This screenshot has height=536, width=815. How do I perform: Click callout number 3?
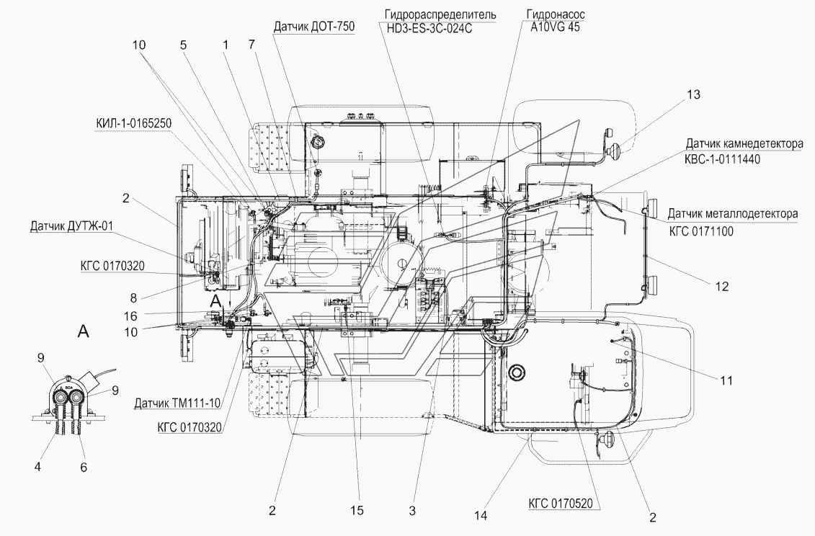pyautogui.click(x=412, y=511)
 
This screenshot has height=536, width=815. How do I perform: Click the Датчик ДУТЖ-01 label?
pyautogui.click(x=72, y=226)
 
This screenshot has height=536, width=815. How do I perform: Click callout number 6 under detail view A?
pyautogui.click(x=84, y=467)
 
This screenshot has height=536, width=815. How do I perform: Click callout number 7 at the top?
pyautogui.click(x=251, y=44)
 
